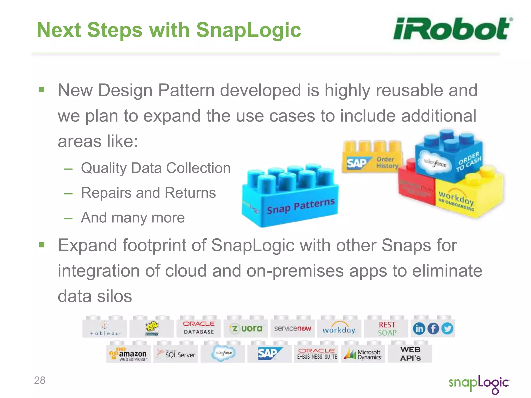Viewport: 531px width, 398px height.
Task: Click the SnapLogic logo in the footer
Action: coord(479,384)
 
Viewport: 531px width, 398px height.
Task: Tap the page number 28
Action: coord(40,380)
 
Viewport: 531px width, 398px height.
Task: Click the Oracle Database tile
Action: coord(199,328)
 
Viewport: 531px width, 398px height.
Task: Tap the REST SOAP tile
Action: coord(387,329)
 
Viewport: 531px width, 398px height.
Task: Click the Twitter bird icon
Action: coord(447,329)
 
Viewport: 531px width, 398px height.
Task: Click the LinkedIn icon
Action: coord(419,329)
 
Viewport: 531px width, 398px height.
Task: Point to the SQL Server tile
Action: coord(176,354)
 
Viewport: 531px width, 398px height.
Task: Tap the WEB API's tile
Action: coord(410,354)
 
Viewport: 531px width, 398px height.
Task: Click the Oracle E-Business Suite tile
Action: coord(317,354)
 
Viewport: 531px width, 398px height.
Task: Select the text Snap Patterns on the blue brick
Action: coord(301,206)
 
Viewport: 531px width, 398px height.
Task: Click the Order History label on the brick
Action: coord(387,163)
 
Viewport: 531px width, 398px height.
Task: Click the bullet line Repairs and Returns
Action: coord(148,193)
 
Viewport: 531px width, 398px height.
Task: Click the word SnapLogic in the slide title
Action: coord(248,30)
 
